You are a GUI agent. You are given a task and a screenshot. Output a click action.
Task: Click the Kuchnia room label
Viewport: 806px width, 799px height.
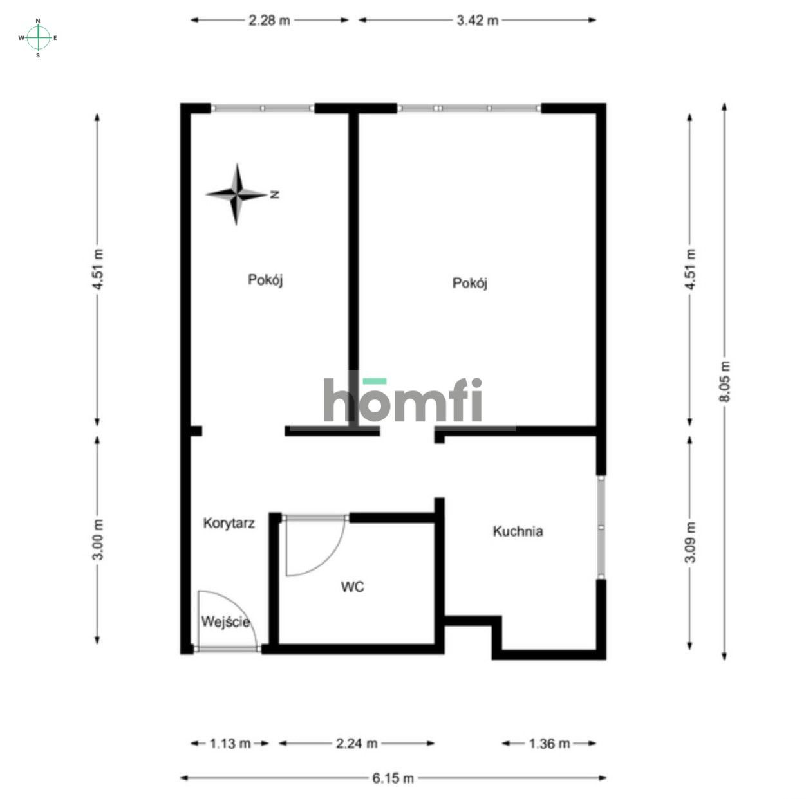coord(518,531)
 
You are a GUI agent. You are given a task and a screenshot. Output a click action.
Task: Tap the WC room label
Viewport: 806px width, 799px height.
coord(352,587)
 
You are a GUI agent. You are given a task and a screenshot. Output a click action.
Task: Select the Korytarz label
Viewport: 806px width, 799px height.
coord(229,523)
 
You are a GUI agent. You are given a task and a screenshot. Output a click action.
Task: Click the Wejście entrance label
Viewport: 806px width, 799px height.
coord(225,622)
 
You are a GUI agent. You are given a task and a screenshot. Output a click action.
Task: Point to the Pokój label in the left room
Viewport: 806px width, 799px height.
coord(266,280)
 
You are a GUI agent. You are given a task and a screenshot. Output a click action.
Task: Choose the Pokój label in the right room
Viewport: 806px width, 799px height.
coord(470,283)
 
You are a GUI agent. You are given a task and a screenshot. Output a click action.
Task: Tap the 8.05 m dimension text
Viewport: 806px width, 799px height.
coord(725,381)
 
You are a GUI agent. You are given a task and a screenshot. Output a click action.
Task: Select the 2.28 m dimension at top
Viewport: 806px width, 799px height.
coord(269,20)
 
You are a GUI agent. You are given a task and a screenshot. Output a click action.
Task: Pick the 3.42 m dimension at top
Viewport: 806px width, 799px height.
coord(477,20)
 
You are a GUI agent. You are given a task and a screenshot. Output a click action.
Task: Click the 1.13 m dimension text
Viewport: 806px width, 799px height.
coord(230,744)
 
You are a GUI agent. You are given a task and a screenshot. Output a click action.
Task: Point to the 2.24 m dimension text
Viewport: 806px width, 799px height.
coord(356,744)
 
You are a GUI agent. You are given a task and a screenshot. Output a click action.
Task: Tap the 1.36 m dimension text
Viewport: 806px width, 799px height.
coord(549,744)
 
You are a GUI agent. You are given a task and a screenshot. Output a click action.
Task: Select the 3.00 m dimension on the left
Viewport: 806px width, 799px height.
coord(98,539)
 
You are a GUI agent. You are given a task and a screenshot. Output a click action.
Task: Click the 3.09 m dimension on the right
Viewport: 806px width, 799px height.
coord(689,542)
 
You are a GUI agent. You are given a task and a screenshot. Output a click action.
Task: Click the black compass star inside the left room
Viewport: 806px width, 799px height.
coord(237,194)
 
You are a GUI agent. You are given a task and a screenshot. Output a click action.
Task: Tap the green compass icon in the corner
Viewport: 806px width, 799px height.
coord(38,38)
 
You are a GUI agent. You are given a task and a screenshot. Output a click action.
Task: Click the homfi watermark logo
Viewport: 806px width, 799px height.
coord(403,400)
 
